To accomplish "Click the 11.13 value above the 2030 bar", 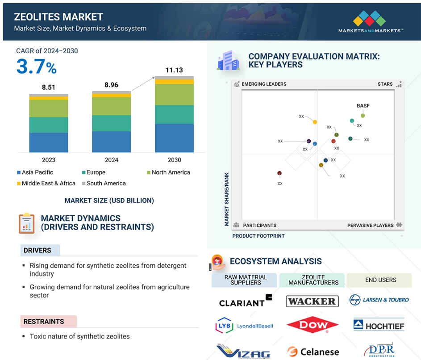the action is point(174,70).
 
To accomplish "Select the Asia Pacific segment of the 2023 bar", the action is point(49,142).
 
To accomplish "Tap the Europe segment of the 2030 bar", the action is point(174,114).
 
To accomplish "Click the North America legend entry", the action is point(168,172).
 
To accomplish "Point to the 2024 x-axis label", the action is point(112,160).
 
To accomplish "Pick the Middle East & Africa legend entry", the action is point(46,183).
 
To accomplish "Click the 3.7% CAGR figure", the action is point(37,67).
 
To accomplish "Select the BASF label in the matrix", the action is point(363,106).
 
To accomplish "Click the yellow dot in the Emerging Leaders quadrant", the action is point(315,122).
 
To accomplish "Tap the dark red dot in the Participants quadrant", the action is point(279,173).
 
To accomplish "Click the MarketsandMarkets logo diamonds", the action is point(370,18).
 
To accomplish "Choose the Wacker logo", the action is point(312,301).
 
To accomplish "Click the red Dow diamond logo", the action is point(313,325).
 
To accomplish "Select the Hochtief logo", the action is point(379,325).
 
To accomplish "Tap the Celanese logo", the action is point(313,352).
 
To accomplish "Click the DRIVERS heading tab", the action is point(40,251).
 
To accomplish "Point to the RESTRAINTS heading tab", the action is point(49,322).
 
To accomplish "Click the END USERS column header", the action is point(379,280).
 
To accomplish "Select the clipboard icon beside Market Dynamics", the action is point(26,223).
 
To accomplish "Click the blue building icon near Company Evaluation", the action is point(228,60).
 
